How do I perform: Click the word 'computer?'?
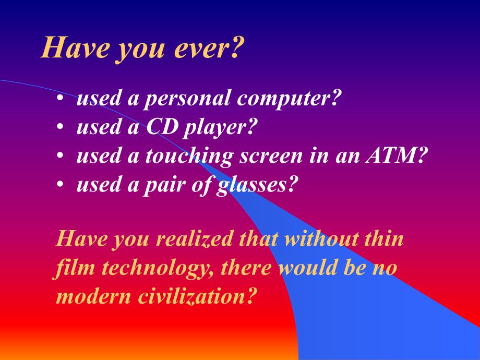click(x=289, y=99)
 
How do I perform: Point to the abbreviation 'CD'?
click(x=162, y=126)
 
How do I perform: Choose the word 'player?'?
click(x=219, y=128)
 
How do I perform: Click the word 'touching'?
click(x=188, y=156)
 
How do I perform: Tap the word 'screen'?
click(x=271, y=156)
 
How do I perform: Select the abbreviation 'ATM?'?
click(x=396, y=154)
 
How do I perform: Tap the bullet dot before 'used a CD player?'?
click(x=60, y=126)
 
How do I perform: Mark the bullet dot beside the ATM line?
click(x=60, y=155)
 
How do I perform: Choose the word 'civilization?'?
click(x=196, y=296)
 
